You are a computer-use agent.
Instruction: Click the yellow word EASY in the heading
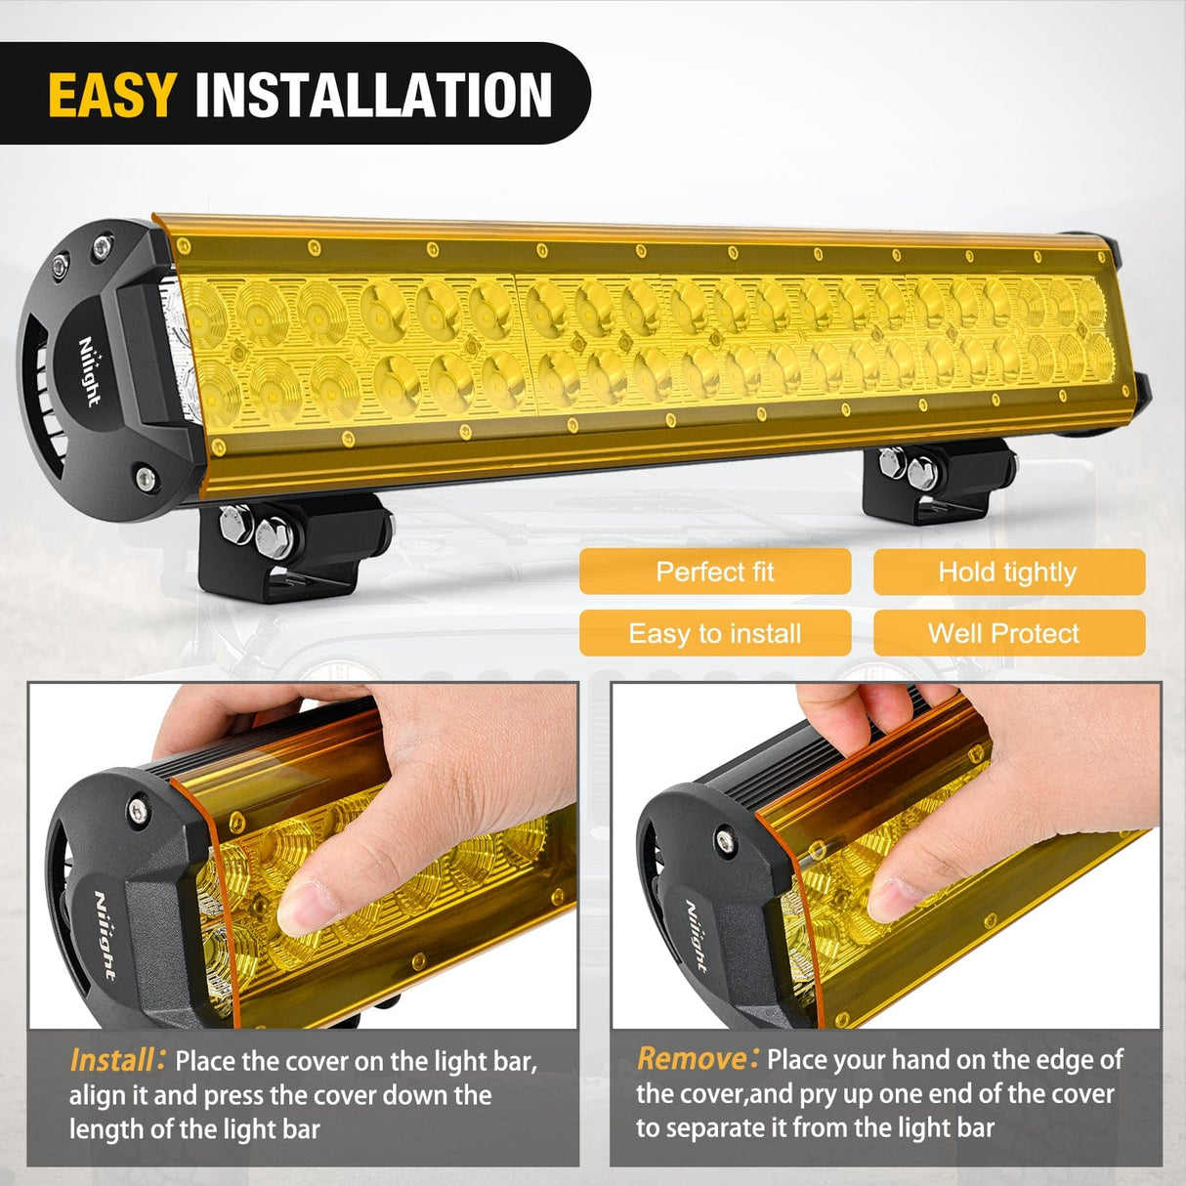(x=111, y=95)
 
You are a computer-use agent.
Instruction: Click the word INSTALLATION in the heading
(x=373, y=95)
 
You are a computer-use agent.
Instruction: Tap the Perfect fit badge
(x=714, y=572)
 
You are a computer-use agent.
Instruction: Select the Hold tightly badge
(x=1007, y=572)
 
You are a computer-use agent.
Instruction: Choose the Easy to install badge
(x=714, y=633)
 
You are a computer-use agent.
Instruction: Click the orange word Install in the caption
(x=111, y=1060)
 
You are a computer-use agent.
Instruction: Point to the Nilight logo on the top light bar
(x=90, y=371)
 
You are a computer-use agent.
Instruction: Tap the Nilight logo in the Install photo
(x=106, y=935)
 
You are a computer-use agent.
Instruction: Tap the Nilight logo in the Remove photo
(x=695, y=936)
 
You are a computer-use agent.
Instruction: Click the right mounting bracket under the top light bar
(x=936, y=476)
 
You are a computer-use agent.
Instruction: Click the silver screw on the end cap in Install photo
(x=138, y=808)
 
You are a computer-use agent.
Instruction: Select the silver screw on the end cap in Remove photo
(x=724, y=838)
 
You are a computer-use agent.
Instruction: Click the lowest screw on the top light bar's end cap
(x=145, y=478)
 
